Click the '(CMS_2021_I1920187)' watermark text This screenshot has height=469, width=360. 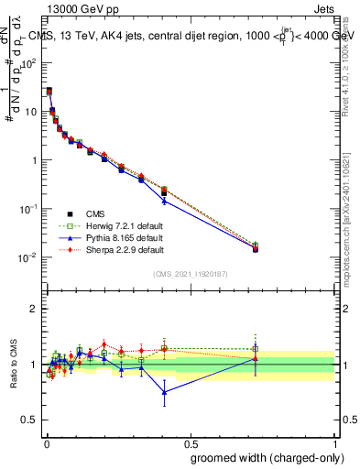(190, 274)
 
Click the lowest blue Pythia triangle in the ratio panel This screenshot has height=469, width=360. (164, 392)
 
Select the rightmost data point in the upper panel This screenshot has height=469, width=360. (256, 247)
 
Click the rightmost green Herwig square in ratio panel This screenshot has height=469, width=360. (256, 349)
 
